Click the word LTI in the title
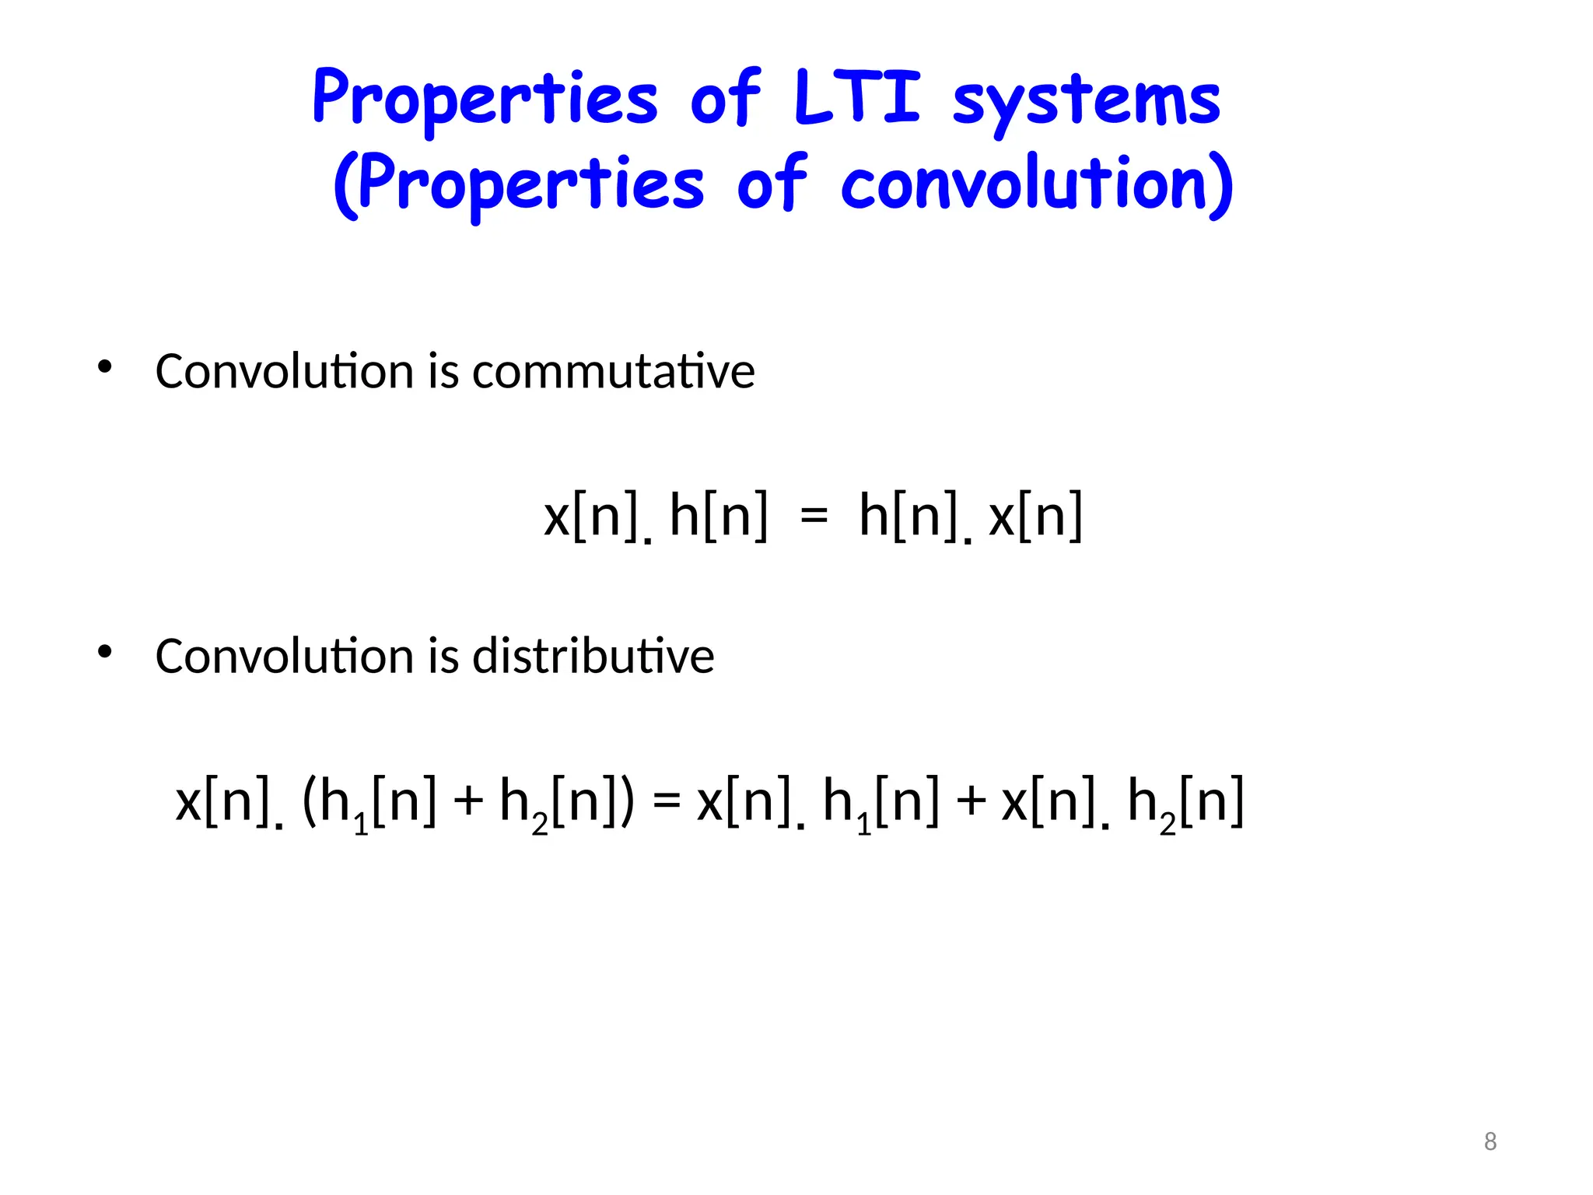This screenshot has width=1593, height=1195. [x=857, y=98]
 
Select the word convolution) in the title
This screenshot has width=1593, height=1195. [x=1036, y=184]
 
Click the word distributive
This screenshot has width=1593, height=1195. [x=593, y=656]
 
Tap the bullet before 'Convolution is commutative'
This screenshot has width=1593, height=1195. [x=105, y=366]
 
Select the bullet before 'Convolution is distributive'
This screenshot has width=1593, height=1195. [x=105, y=652]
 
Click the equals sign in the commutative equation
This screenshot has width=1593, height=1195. [x=814, y=516]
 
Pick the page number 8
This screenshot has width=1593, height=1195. [x=1490, y=1141]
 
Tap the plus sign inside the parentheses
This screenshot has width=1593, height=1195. [x=468, y=801]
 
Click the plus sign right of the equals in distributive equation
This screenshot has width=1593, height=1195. [x=971, y=801]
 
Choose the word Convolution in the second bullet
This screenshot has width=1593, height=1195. [x=285, y=656]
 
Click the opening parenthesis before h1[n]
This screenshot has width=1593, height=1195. [x=309, y=801]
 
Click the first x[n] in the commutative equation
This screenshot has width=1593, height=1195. [x=591, y=515]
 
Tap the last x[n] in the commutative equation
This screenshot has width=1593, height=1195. [x=1035, y=515]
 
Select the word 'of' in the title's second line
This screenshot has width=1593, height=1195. [x=771, y=184]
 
